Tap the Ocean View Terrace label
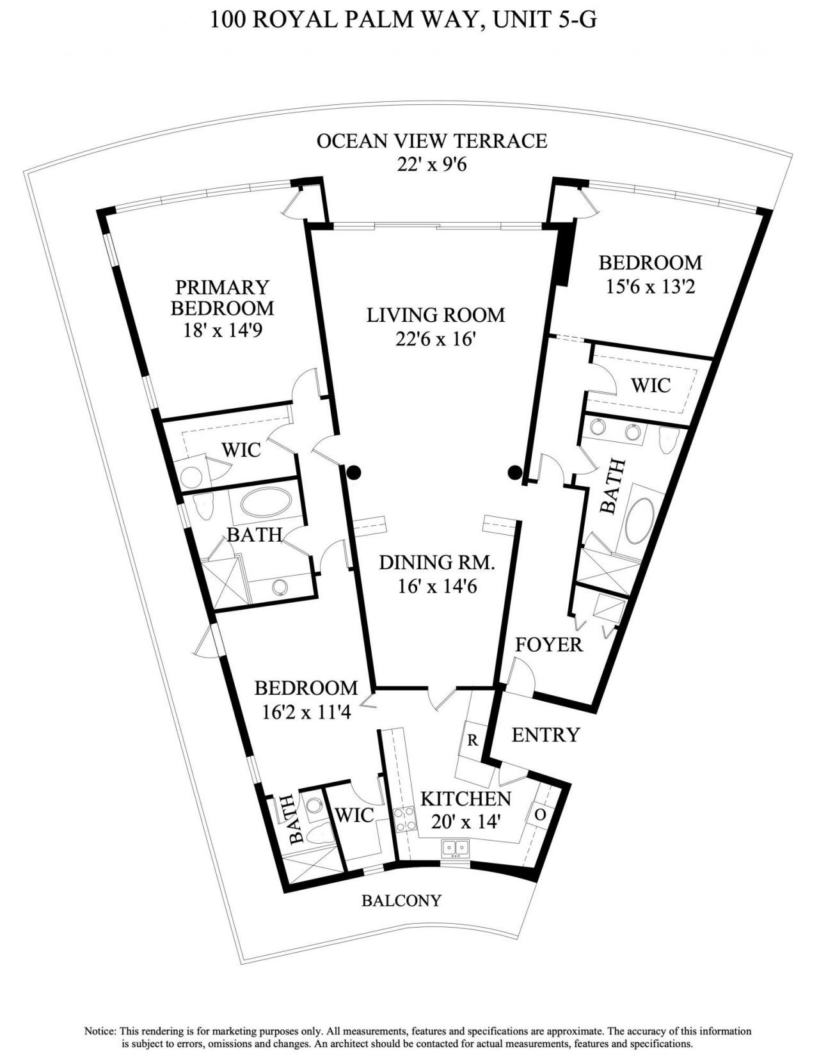tap(432, 141)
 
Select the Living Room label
tap(436, 315)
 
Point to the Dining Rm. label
tap(437, 562)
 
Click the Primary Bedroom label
tap(222, 297)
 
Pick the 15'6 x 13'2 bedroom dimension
tap(650, 286)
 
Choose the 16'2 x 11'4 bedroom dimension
tap(306, 711)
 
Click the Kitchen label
tap(465, 798)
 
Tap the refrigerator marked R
tap(473, 740)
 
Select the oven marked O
tap(539, 815)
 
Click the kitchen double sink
tap(456, 848)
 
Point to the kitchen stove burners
tap(404, 819)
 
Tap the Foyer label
tap(549, 644)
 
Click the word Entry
tap(545, 734)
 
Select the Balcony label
tap(401, 901)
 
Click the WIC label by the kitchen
tap(354, 815)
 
